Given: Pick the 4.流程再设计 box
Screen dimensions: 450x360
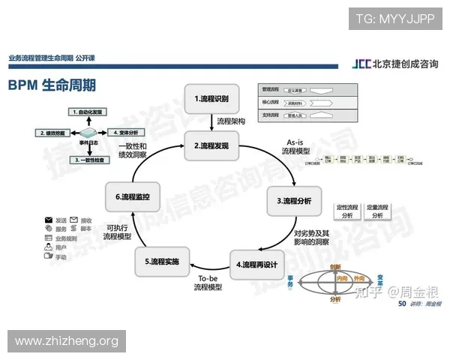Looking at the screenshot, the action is point(257,265).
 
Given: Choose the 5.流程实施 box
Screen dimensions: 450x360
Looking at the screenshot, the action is point(166,262).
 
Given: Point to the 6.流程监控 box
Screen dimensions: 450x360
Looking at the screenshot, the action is point(132,196).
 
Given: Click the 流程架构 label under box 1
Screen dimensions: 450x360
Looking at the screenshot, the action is point(231,121).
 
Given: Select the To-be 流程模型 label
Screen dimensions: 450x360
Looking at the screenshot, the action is point(208,283).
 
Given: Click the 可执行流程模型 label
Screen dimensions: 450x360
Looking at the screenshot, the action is point(117,231).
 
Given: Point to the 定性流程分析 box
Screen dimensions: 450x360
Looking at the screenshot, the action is point(346,211).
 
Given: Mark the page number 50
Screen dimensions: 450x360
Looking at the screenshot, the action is point(401,304).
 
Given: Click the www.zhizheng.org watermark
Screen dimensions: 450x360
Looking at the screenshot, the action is point(66,341).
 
